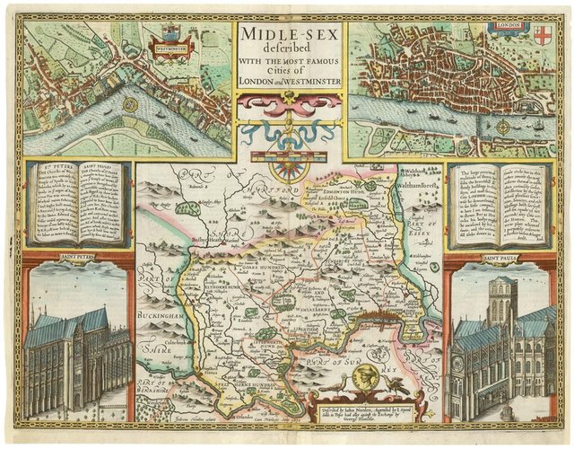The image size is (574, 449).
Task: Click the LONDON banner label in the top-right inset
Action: [x=509, y=27]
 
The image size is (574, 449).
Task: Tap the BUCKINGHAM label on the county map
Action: [x=162, y=318]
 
